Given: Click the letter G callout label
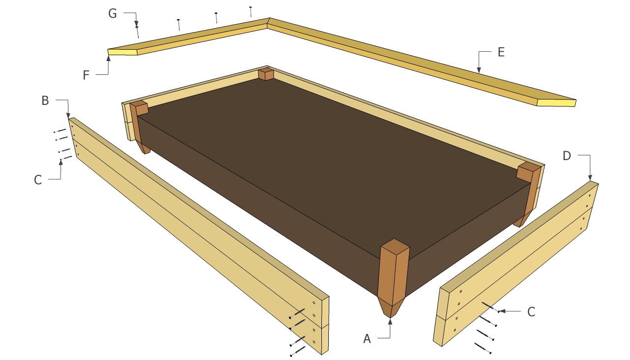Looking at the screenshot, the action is [x=113, y=13].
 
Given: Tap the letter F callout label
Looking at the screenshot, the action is [x=86, y=75].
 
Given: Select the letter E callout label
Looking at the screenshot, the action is [x=501, y=52].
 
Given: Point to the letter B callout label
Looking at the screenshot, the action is [x=45, y=100].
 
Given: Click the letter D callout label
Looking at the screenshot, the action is [x=567, y=156].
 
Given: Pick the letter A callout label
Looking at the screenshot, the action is [x=367, y=339].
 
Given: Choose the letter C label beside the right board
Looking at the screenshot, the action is [x=531, y=312].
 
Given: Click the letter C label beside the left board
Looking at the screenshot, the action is [x=38, y=180].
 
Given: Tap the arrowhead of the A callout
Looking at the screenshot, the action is [x=390, y=321].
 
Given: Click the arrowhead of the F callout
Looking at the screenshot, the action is [x=109, y=58].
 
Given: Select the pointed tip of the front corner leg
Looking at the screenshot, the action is [x=390, y=318].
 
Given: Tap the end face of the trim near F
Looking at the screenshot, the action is [x=123, y=52].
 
